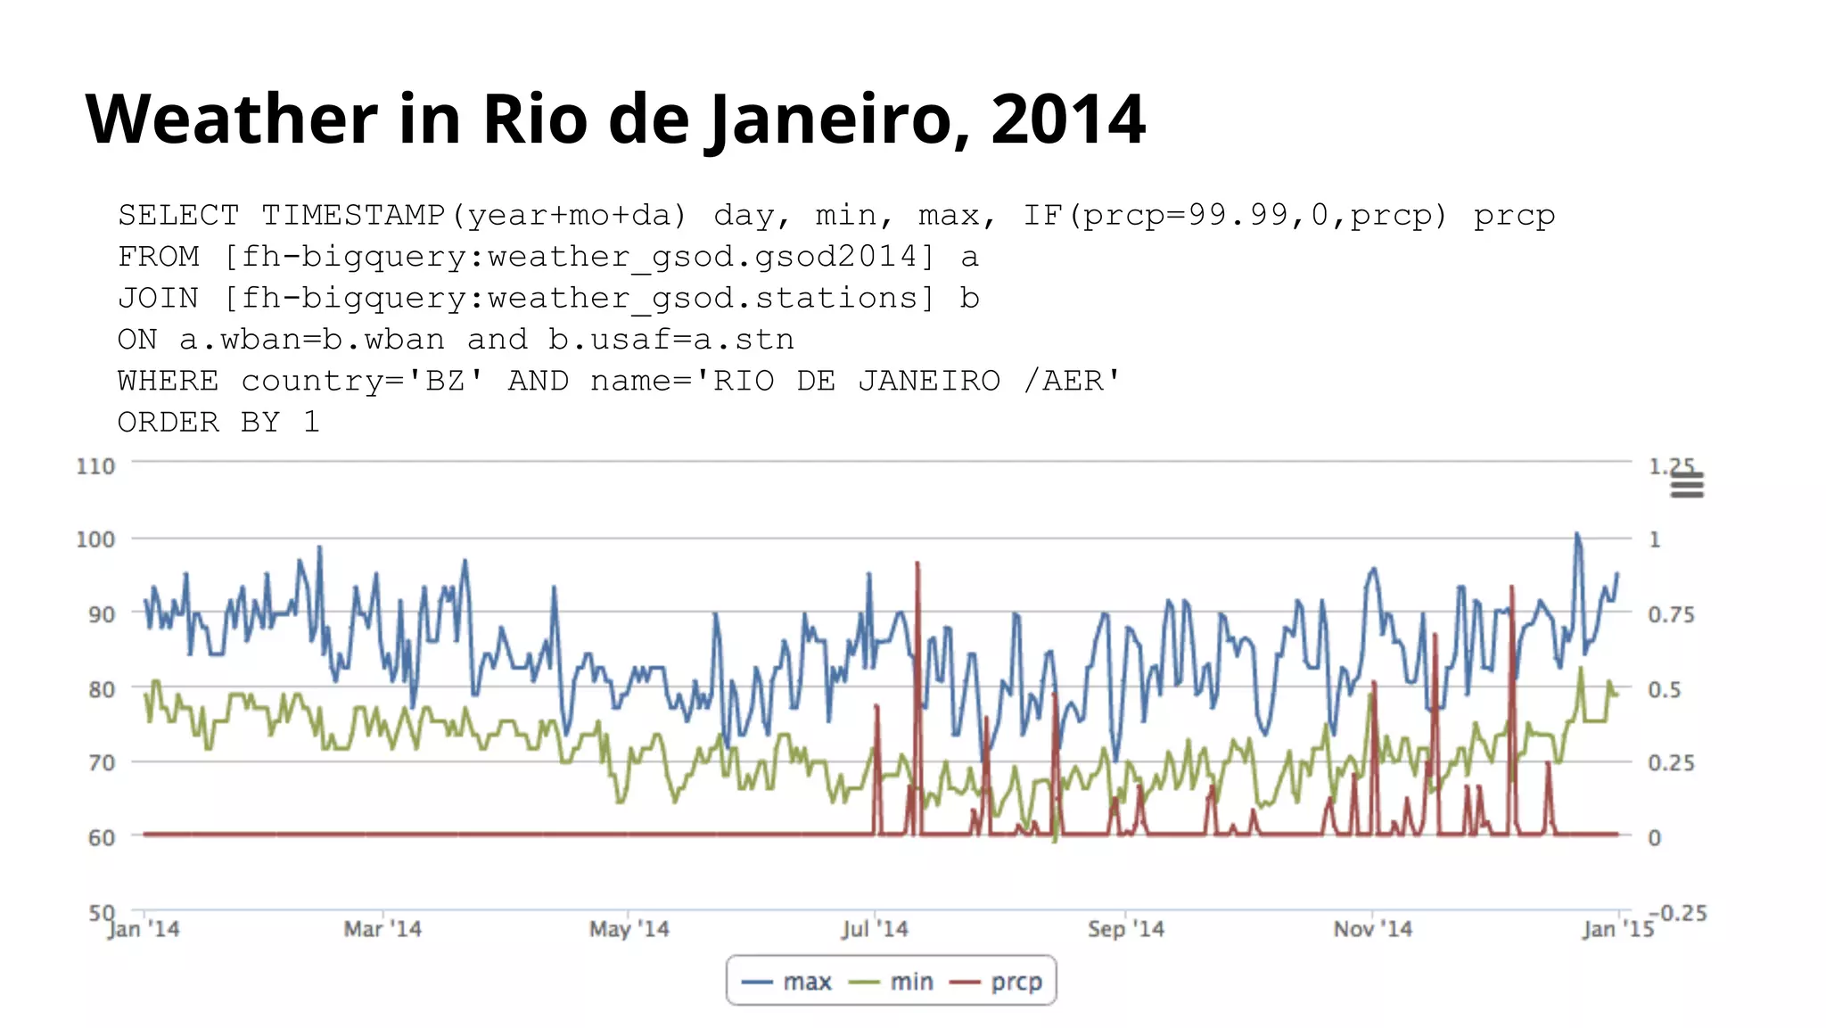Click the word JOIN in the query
point(158,298)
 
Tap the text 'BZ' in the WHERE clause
point(446,381)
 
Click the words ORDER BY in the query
point(199,422)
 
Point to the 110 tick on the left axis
point(95,466)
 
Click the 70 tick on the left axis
point(101,762)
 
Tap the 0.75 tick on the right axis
point(1670,614)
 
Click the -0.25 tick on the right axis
point(1677,913)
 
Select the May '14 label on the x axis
point(629,929)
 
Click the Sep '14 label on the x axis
point(1125,929)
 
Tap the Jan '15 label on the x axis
point(1617,929)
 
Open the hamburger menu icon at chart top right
point(1686,486)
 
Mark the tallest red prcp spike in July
point(917,564)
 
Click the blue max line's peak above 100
point(1576,534)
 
